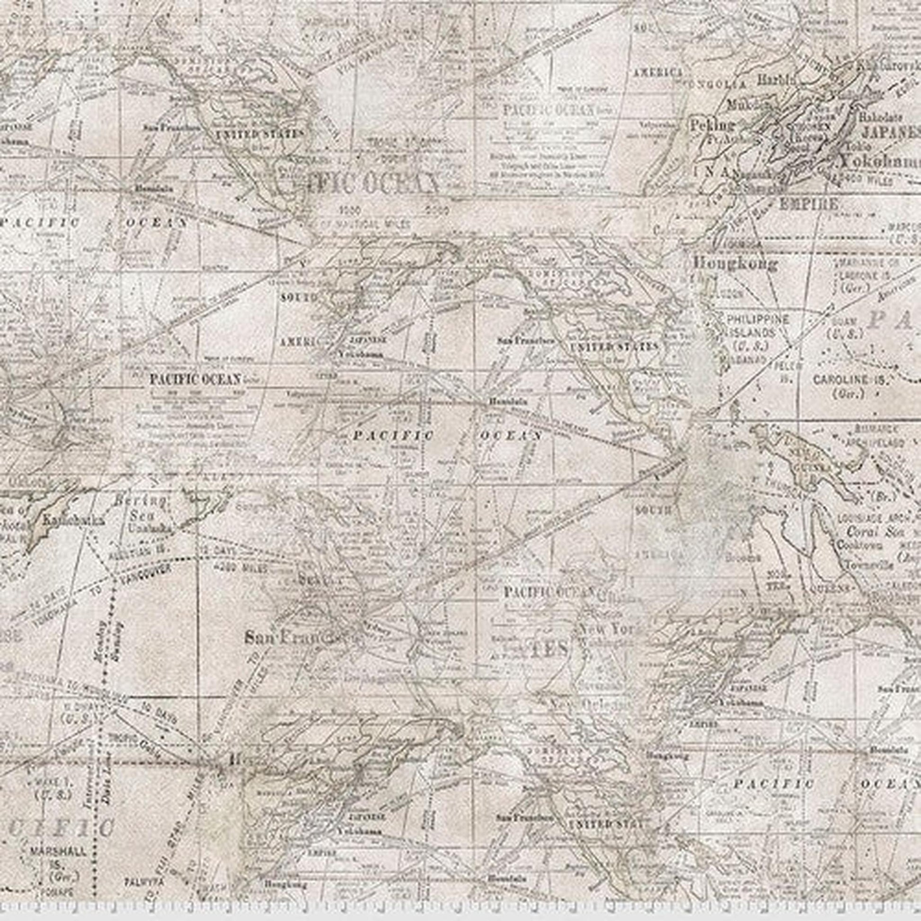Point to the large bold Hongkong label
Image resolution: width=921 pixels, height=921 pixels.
point(734,263)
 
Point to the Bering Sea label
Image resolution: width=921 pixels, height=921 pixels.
point(140,508)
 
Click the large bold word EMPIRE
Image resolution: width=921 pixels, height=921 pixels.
point(808,204)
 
